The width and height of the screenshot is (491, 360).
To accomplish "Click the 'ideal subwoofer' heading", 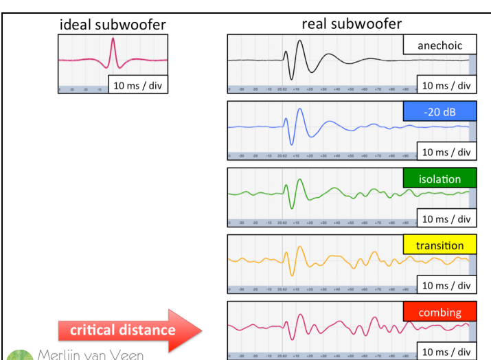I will click(x=113, y=25).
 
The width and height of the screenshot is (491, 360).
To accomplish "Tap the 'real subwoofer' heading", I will click(x=352, y=23).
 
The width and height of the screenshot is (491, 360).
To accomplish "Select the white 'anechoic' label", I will click(x=439, y=46).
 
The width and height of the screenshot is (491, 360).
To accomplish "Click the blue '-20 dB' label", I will click(x=439, y=112).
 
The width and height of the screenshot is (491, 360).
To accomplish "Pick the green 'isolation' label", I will click(x=439, y=179).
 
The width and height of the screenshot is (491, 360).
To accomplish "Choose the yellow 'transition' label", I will click(x=439, y=245).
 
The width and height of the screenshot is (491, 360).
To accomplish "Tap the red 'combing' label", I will click(x=439, y=313).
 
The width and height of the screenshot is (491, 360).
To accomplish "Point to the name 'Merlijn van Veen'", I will click(x=90, y=355).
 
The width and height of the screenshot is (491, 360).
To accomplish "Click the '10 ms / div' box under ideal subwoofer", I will click(x=138, y=86).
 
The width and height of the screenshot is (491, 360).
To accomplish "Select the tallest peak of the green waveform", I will click(x=299, y=181).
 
